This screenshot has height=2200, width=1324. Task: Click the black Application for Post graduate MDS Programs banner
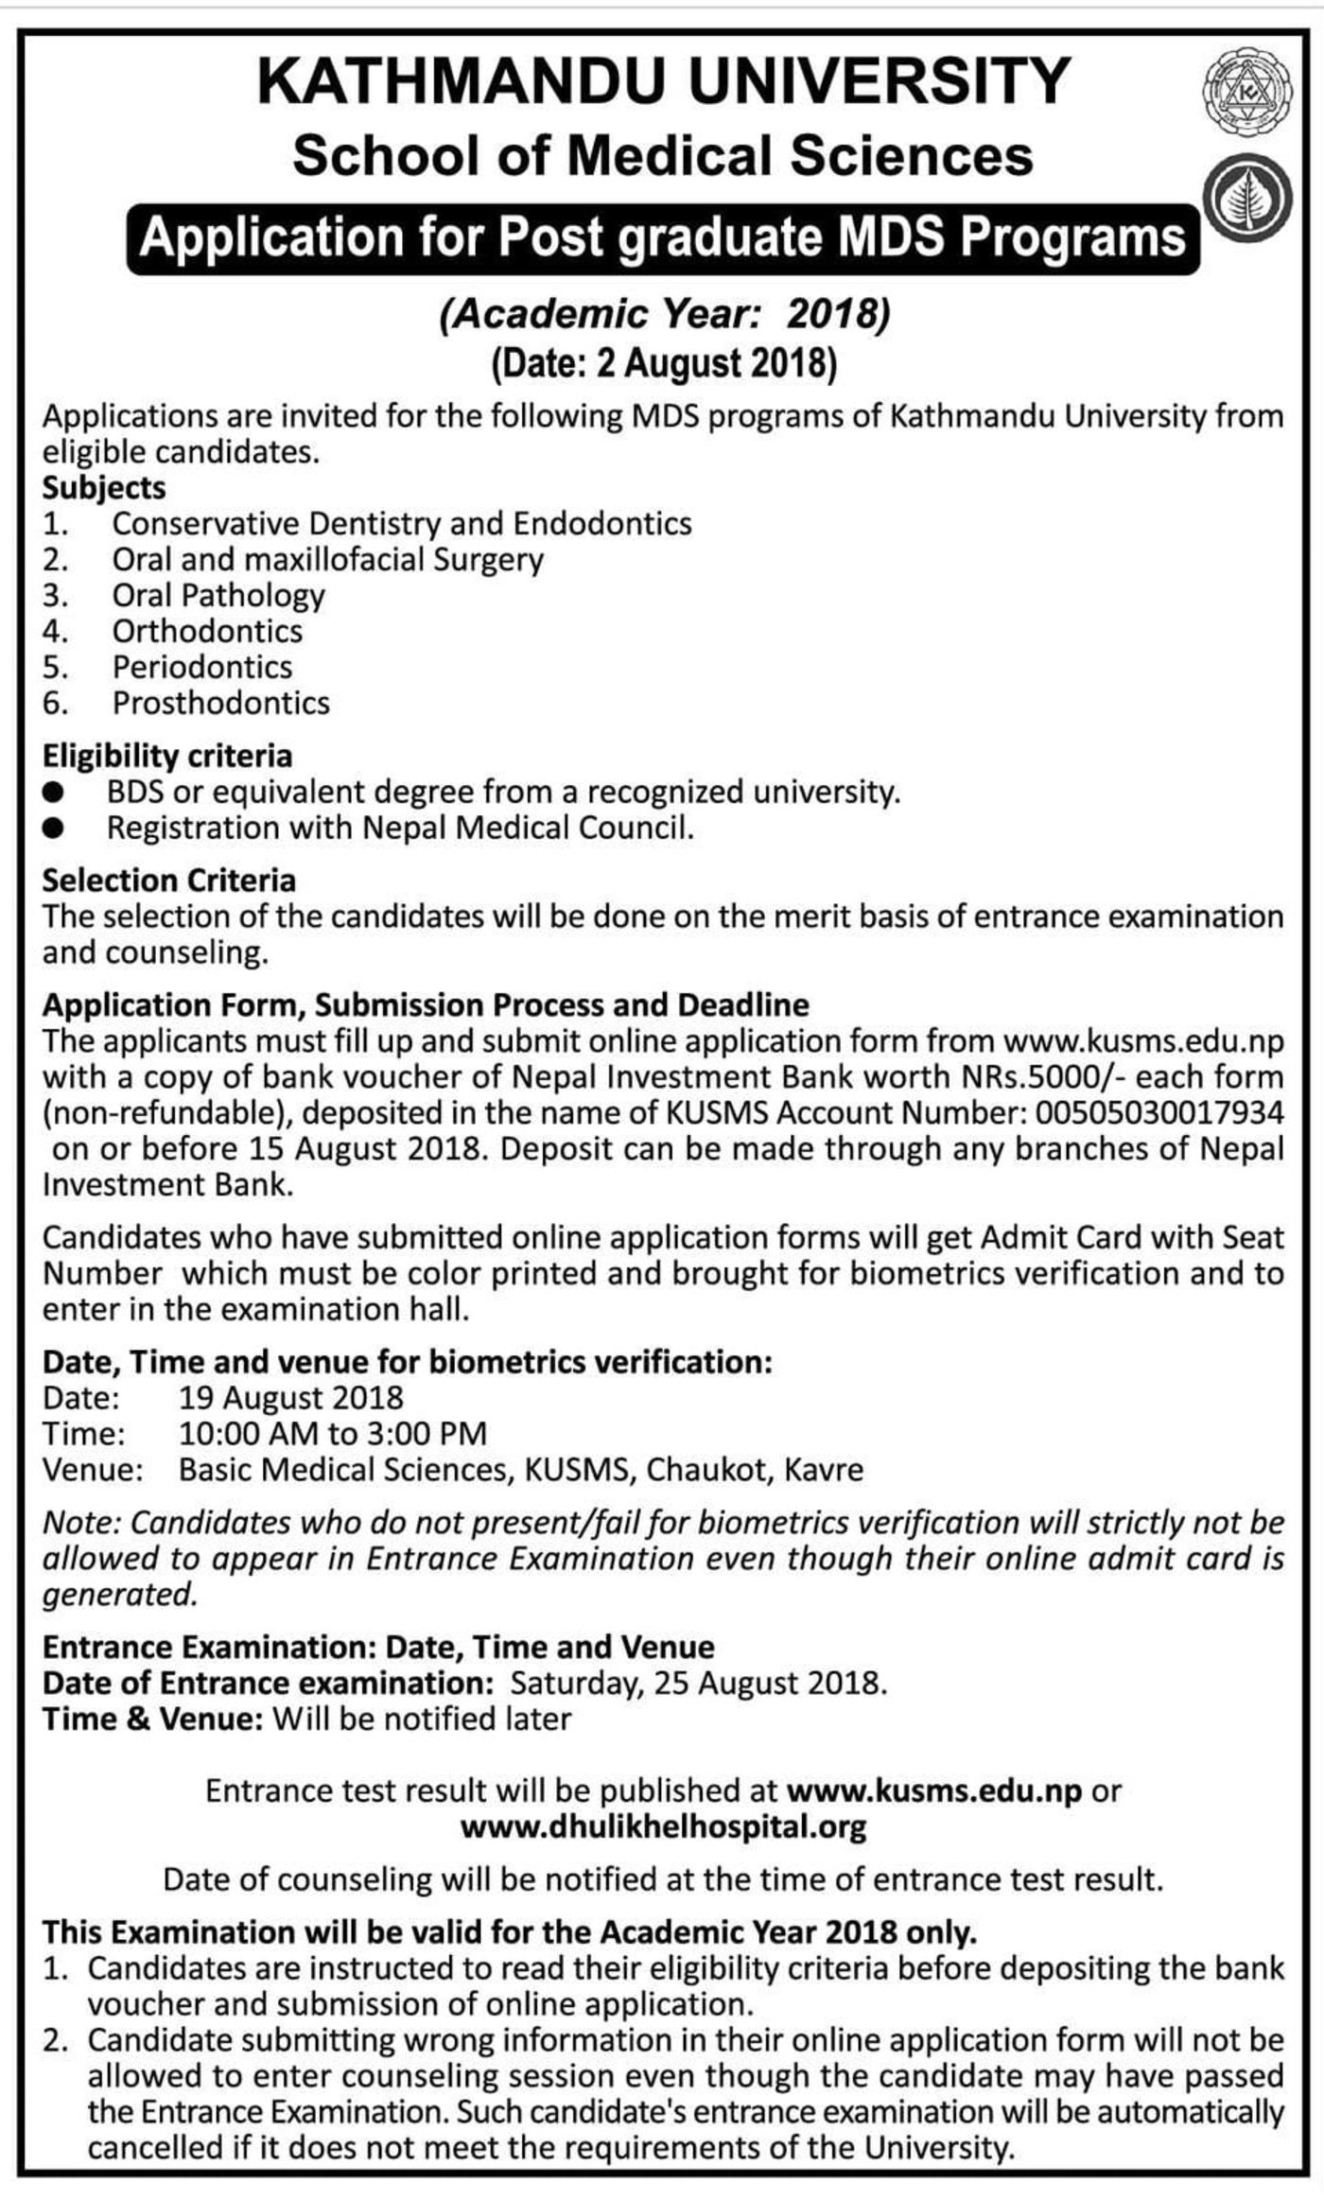tap(662, 237)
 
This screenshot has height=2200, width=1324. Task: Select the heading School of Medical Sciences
tap(662, 156)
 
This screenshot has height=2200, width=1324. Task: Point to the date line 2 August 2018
tap(662, 364)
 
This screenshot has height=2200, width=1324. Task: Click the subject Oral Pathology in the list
tap(218, 595)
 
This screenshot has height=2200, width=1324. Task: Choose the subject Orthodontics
tap(207, 631)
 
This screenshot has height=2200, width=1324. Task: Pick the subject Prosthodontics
tap(220, 703)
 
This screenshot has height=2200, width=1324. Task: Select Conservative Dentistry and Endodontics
tap(402, 523)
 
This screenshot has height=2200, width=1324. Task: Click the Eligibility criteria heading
tap(167, 756)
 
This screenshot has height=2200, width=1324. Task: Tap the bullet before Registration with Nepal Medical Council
tap(54, 829)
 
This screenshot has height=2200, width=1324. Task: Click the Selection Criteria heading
tap(169, 881)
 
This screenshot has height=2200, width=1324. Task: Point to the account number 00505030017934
tap(1160, 1112)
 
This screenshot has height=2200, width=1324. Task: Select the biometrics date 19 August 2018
tap(291, 1398)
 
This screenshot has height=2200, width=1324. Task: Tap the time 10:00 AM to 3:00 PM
tap(333, 1434)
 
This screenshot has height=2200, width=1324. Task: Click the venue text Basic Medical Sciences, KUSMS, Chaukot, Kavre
tap(521, 1470)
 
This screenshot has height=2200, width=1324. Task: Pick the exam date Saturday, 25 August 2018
tap(698, 1684)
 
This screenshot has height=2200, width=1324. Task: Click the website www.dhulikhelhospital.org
tap(662, 1826)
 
